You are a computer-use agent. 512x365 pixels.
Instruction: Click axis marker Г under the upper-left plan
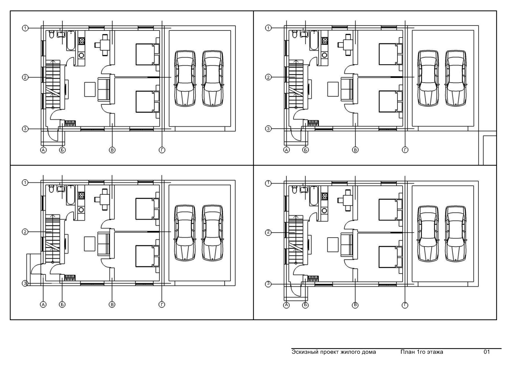[x=162, y=150]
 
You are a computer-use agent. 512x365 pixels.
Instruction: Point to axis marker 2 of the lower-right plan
[x=268, y=232]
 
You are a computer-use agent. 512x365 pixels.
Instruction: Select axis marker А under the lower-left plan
[x=43, y=304]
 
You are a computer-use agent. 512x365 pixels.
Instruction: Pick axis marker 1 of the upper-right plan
[x=268, y=28]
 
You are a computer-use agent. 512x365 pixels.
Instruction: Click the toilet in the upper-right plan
[x=295, y=34]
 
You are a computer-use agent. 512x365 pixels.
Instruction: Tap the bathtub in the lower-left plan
[x=71, y=195]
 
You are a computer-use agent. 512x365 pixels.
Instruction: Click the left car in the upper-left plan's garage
[x=185, y=78]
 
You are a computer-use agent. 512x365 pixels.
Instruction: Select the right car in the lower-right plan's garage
[x=456, y=234]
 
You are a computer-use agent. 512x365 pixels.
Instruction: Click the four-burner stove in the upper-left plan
[x=82, y=41]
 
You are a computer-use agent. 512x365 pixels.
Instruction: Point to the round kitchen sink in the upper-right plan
[x=324, y=55]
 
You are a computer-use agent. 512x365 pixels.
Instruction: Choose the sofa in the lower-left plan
[x=104, y=243]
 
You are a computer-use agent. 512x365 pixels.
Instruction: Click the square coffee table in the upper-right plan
[x=333, y=89]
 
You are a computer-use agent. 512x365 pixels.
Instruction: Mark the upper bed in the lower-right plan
[x=390, y=210]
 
